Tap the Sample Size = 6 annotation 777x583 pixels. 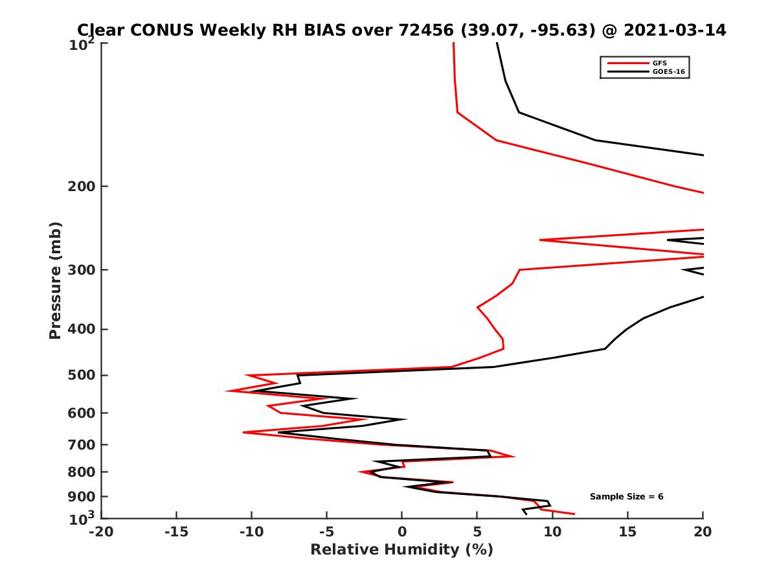[x=626, y=497]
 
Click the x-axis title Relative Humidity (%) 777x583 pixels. [x=401, y=550]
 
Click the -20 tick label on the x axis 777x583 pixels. [x=101, y=532]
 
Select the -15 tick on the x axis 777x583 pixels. [x=176, y=532]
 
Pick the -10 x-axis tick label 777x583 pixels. [x=251, y=532]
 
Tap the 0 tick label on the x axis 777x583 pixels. [x=402, y=532]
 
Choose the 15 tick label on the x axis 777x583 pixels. [x=627, y=532]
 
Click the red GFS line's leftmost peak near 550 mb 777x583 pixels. [x=227, y=391]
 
